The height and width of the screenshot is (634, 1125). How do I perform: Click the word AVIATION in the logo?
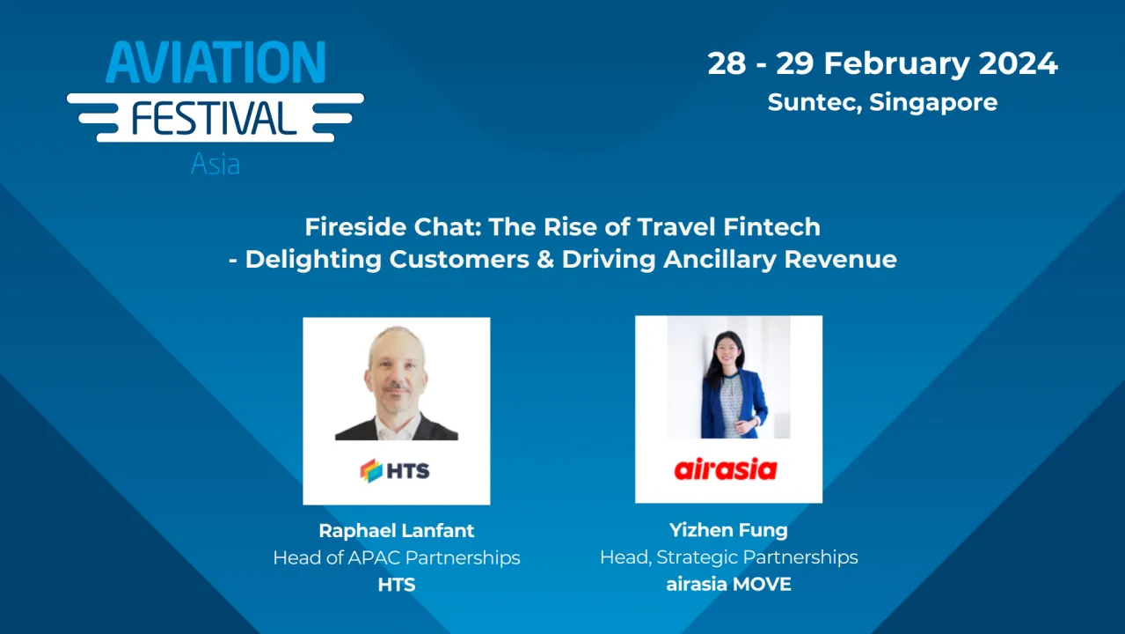[216, 63]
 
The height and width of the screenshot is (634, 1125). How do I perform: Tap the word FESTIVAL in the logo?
[215, 117]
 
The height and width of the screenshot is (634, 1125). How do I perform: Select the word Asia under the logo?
[216, 164]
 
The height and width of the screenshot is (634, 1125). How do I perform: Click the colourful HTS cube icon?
[370, 470]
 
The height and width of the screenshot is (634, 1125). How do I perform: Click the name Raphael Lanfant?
[396, 531]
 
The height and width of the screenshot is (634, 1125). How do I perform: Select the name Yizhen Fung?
[728, 531]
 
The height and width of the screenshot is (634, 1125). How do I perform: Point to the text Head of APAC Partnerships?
[396, 557]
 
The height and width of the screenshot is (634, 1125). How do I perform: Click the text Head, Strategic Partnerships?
[728, 557]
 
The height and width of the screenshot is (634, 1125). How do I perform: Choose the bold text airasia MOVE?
[728, 584]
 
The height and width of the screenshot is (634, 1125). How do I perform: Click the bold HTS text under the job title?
[396, 584]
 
